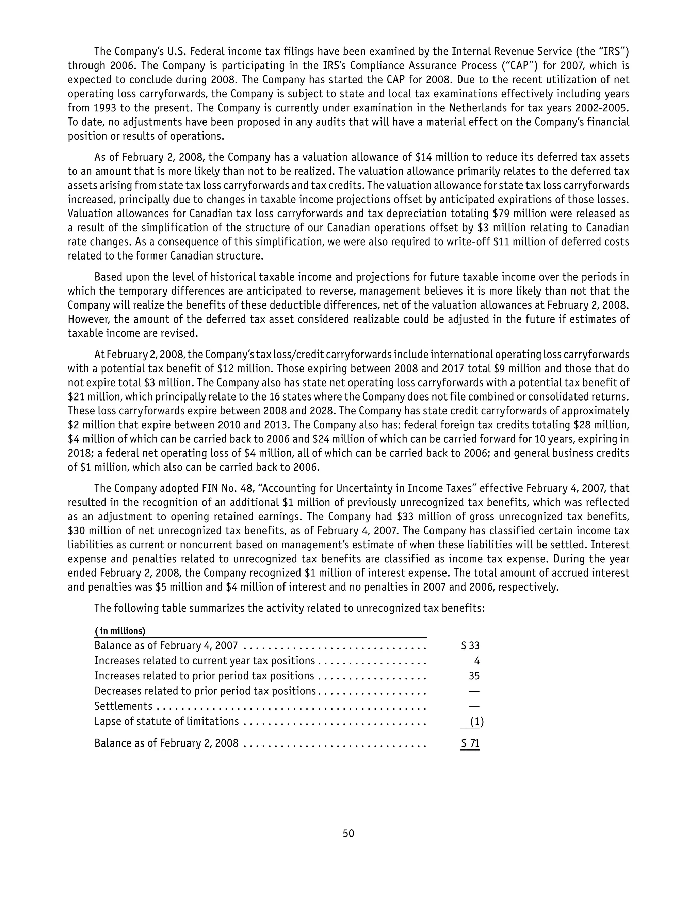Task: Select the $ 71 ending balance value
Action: [470, 743]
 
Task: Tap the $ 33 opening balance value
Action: [470, 645]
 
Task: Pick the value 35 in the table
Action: [474, 676]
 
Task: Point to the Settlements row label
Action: [123, 706]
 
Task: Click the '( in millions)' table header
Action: [120, 631]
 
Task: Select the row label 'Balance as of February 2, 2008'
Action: [166, 743]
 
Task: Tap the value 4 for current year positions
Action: [477, 661]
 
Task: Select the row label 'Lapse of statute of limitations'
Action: [166, 721]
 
